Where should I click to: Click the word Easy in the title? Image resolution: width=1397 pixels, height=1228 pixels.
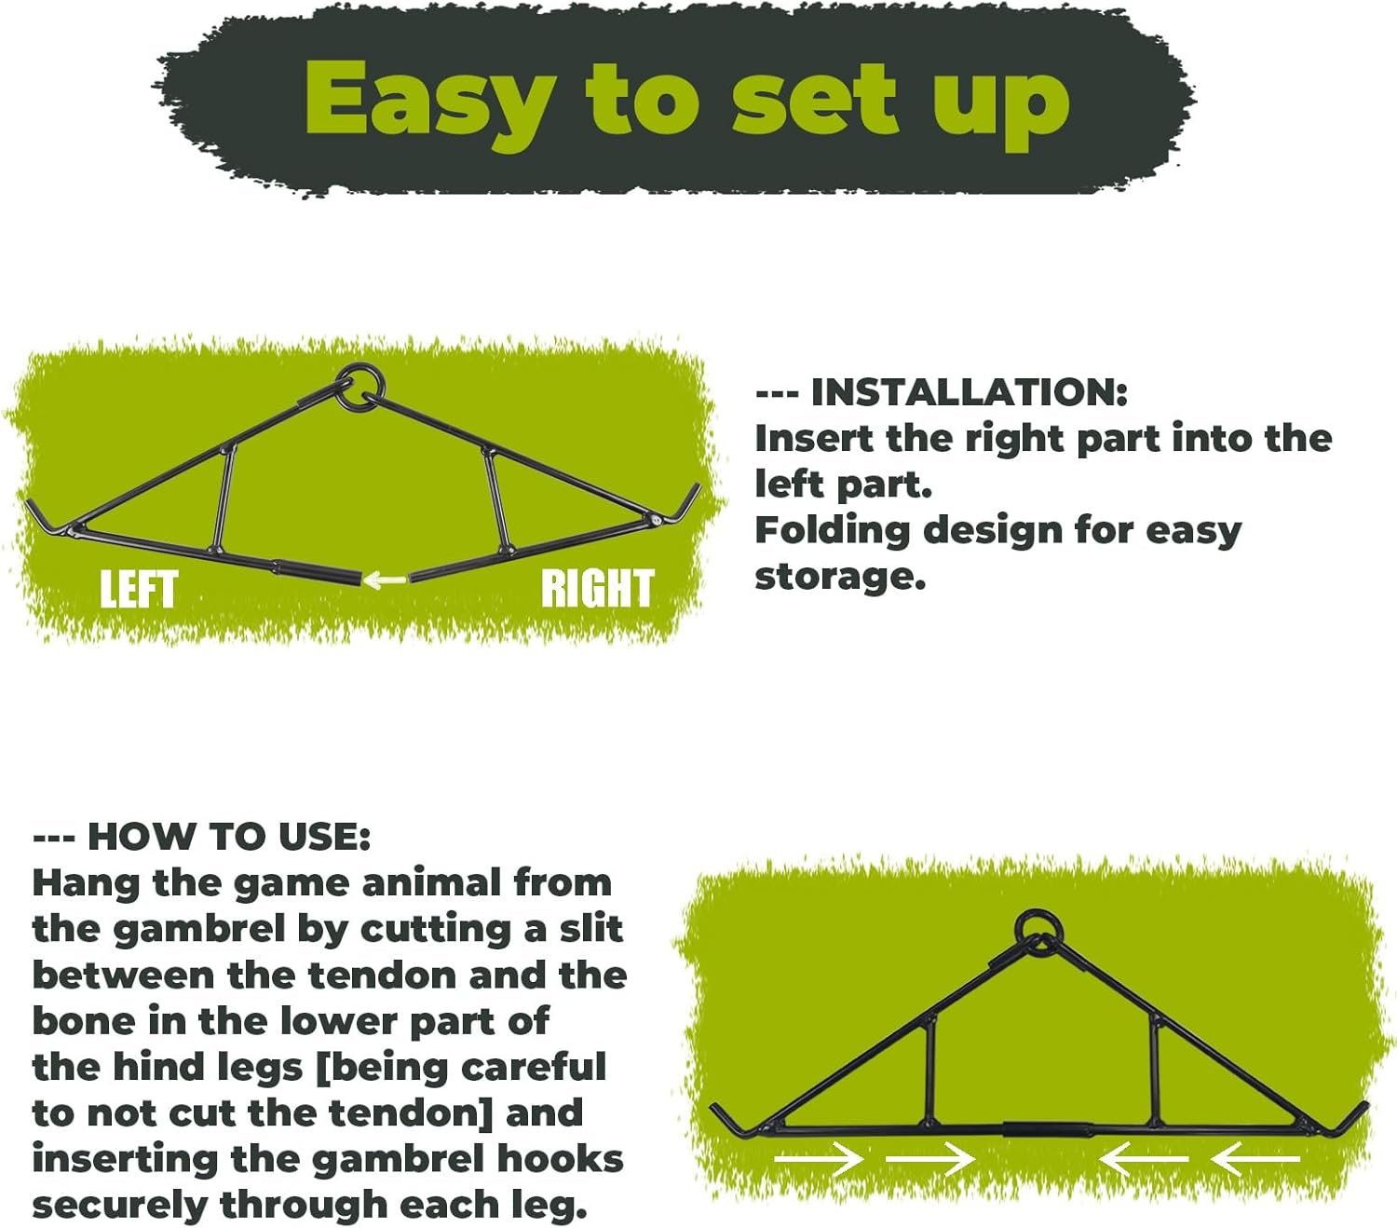[x=429, y=102]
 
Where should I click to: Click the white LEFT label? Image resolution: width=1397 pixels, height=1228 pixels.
[x=140, y=589]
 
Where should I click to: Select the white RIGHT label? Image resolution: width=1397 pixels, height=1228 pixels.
[x=597, y=589]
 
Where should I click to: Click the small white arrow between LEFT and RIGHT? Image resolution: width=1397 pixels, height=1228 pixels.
[x=385, y=580]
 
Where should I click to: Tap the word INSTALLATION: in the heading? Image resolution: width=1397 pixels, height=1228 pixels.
[x=969, y=392]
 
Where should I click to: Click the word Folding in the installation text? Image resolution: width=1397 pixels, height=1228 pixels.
[x=833, y=533]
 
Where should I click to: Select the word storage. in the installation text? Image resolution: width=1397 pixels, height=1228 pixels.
[x=840, y=576]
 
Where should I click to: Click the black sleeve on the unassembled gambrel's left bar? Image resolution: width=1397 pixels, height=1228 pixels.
[x=318, y=572]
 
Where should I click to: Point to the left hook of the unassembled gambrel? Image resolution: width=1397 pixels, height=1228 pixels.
[x=47, y=517]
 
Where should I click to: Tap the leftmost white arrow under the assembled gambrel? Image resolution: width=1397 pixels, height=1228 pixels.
[x=818, y=1159]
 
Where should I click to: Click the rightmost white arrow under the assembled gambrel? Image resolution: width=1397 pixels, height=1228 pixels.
[x=1255, y=1159]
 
